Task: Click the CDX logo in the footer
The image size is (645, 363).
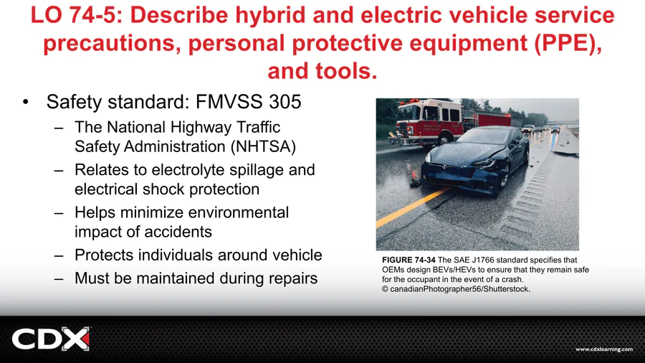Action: (x=51, y=339)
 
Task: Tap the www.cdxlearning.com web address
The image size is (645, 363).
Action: (x=604, y=349)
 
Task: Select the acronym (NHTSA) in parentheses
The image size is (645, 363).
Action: (x=263, y=146)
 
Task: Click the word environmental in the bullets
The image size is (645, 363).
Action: (x=236, y=212)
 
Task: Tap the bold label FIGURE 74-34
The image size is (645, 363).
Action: (x=408, y=260)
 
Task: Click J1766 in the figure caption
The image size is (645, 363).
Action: (x=485, y=260)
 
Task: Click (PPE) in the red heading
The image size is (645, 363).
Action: (x=568, y=44)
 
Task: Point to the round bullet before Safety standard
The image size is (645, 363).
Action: (x=26, y=102)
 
